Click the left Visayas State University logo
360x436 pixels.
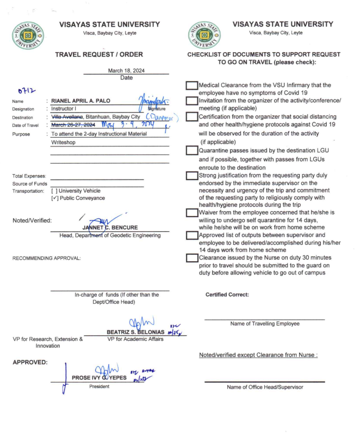click(28, 37)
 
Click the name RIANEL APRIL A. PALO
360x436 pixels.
click(87, 101)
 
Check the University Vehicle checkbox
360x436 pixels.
click(54, 191)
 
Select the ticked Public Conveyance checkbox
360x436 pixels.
click(54, 198)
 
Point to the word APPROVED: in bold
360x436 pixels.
click(29, 361)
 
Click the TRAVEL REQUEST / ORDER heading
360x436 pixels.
click(99, 54)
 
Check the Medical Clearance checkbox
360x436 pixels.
click(191, 85)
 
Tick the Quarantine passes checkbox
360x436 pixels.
click(191, 151)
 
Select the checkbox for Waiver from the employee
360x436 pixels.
click(191, 212)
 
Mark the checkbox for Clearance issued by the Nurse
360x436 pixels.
click(191, 258)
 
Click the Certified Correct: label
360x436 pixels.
click(227, 294)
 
